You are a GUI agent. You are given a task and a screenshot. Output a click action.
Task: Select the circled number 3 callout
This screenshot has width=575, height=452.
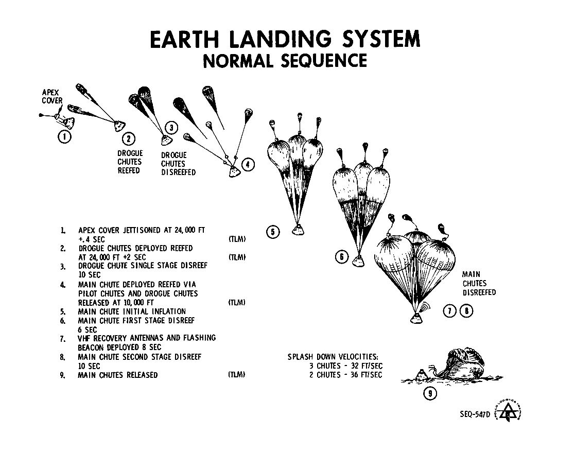[x=171, y=128]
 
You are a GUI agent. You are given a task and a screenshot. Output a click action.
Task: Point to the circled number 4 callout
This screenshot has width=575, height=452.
[x=248, y=165]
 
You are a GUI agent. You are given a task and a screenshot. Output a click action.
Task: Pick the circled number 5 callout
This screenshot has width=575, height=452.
[x=273, y=233]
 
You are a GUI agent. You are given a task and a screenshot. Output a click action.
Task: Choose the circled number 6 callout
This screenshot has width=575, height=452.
[x=342, y=257]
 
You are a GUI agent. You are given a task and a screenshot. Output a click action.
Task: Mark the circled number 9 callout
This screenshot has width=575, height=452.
[x=429, y=394]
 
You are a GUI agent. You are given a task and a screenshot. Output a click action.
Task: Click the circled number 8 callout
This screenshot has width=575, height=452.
[x=466, y=310]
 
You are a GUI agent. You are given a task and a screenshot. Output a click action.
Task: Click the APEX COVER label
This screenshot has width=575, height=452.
[x=52, y=96]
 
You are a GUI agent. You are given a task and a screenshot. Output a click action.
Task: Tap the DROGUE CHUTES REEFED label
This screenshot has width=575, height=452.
[x=130, y=162]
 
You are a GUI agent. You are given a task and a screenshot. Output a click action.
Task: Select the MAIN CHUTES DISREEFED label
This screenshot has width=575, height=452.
[x=479, y=283]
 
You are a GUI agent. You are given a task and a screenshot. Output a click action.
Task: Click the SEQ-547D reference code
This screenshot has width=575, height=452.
[x=475, y=413]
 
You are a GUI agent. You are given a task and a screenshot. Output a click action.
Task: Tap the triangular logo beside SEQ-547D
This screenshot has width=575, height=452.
[x=508, y=412]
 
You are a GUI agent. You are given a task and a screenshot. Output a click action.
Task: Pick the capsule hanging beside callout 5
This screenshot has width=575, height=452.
[x=297, y=230]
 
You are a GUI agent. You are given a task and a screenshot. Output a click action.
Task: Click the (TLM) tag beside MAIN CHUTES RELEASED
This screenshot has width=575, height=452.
[x=236, y=375]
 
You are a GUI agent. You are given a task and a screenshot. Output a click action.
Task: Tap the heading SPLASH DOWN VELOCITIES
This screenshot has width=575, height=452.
[x=335, y=356]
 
